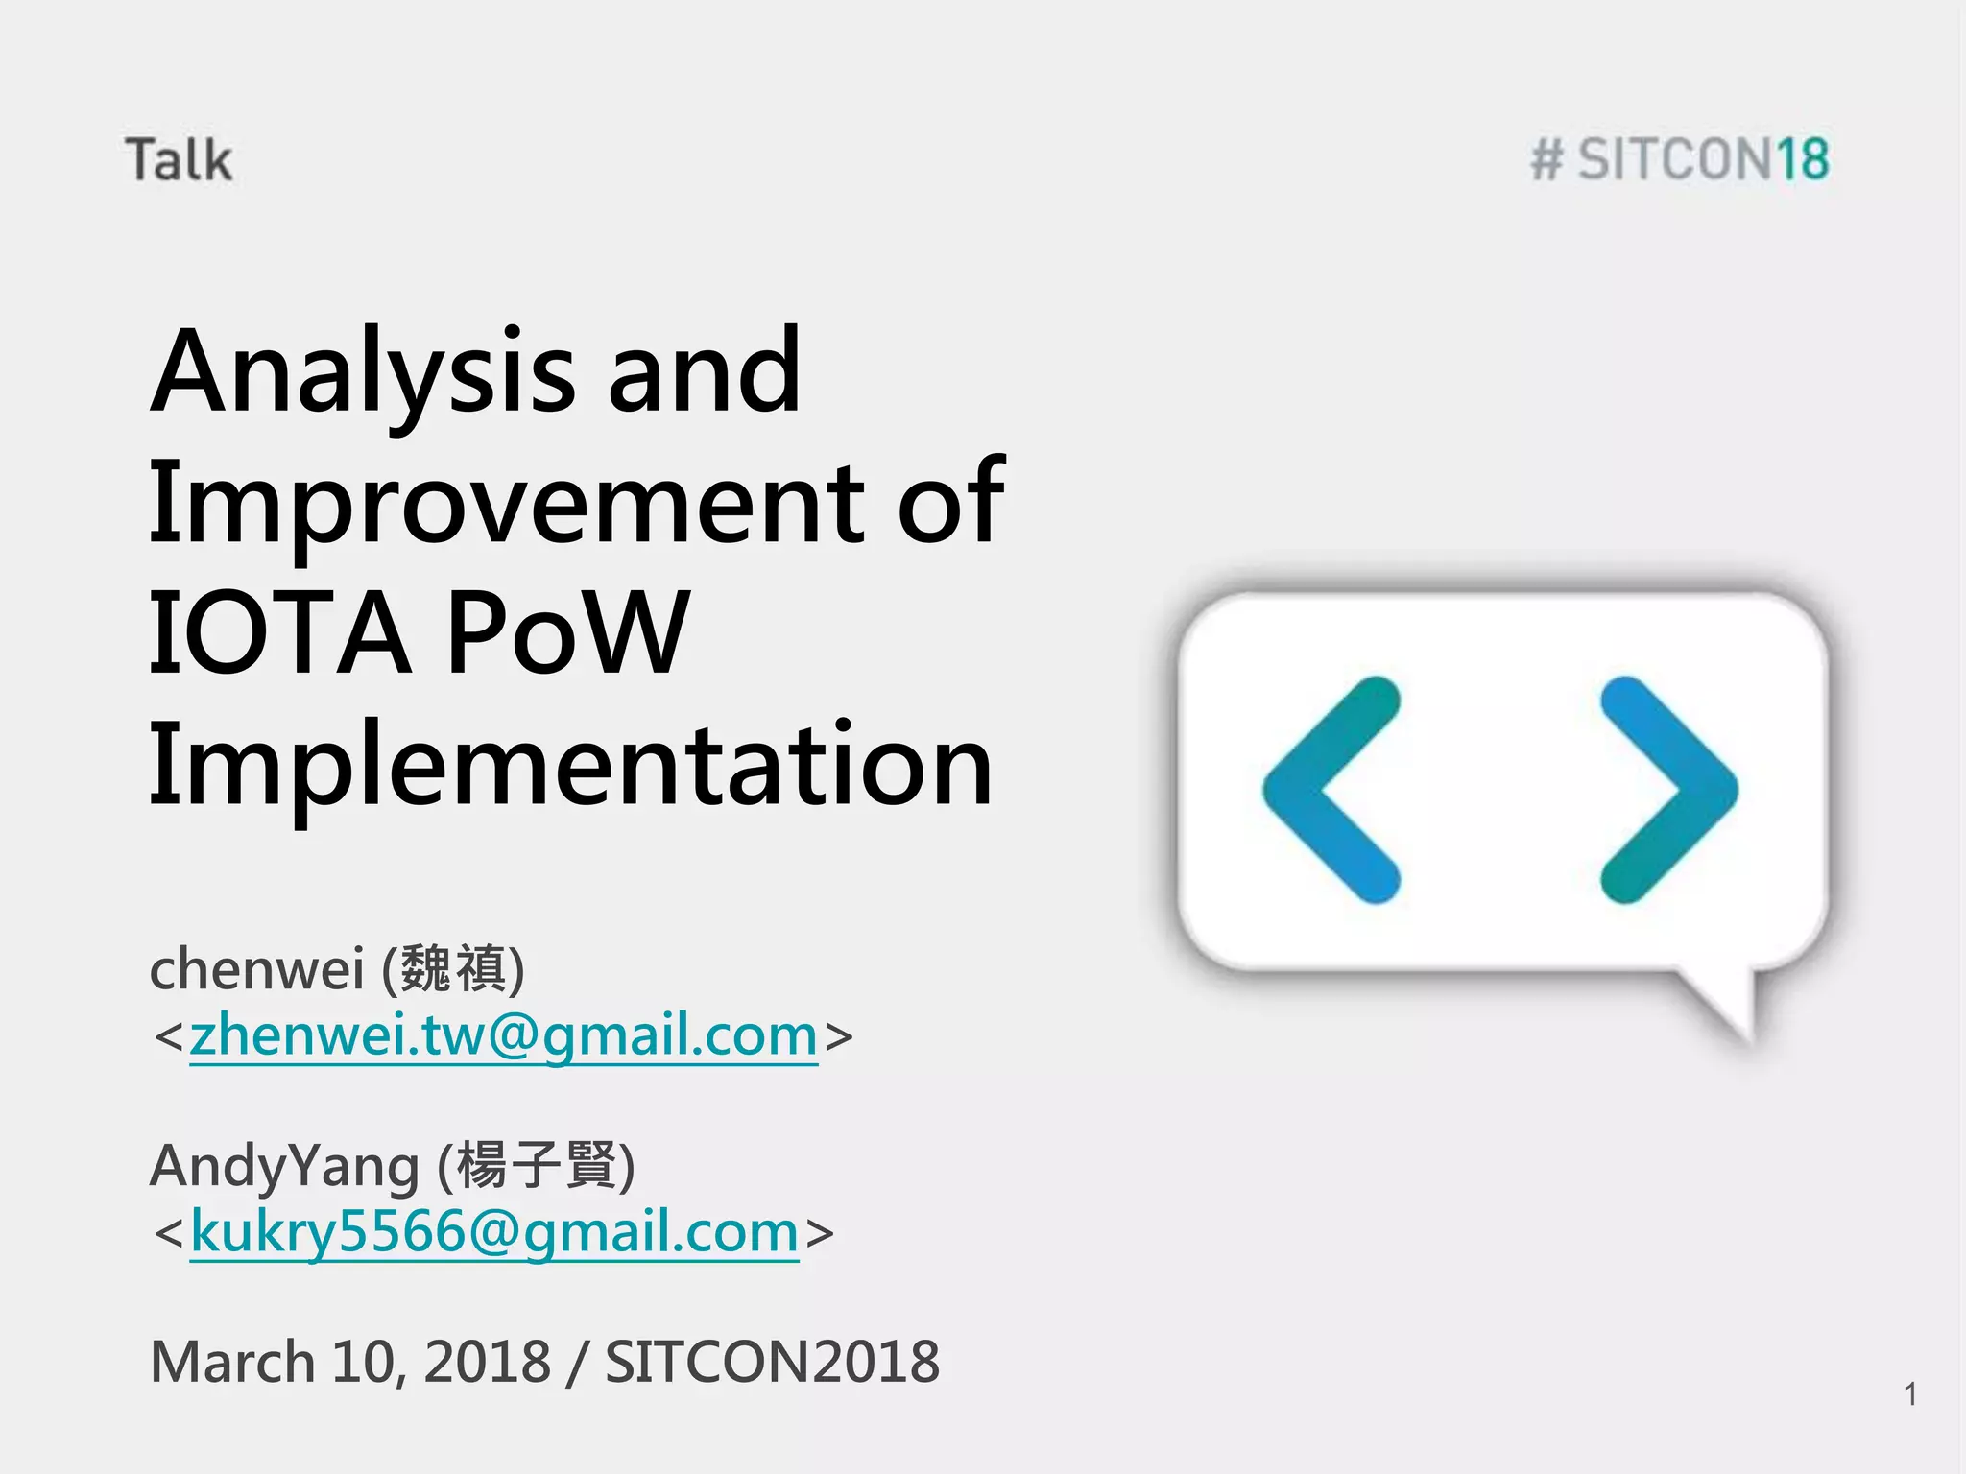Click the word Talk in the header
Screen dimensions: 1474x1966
179,159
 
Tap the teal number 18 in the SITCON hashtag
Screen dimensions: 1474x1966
1802,159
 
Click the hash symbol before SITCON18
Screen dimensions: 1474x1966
1546,159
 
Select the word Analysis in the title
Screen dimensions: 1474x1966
364,372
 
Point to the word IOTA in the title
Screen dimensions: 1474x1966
278,632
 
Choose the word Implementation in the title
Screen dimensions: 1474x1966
570,765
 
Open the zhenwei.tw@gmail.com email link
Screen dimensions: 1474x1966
503,1035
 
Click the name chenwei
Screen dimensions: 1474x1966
256,968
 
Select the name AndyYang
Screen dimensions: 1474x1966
284,1166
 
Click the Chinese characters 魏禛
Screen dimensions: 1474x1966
453,968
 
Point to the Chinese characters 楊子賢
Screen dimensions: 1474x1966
536,1166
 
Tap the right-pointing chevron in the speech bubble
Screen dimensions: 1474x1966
1668,790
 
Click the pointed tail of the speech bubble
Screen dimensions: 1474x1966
1733,1008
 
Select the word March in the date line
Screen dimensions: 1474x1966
232,1362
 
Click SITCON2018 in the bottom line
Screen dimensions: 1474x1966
772,1362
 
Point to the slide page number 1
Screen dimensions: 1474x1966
1910,1393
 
